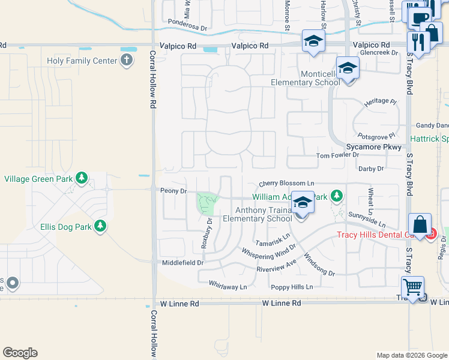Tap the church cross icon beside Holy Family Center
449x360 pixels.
(x=127, y=59)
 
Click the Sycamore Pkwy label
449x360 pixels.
(x=373, y=146)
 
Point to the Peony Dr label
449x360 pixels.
(x=174, y=191)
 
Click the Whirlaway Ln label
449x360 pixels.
(x=228, y=287)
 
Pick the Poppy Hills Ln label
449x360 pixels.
(x=292, y=287)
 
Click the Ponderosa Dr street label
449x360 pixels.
(x=188, y=28)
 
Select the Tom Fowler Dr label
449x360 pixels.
(x=337, y=155)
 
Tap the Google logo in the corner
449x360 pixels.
(x=20, y=353)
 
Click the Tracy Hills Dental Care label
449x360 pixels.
(x=372, y=235)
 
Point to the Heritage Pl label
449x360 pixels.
(x=381, y=103)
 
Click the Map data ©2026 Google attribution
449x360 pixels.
(x=412, y=355)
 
